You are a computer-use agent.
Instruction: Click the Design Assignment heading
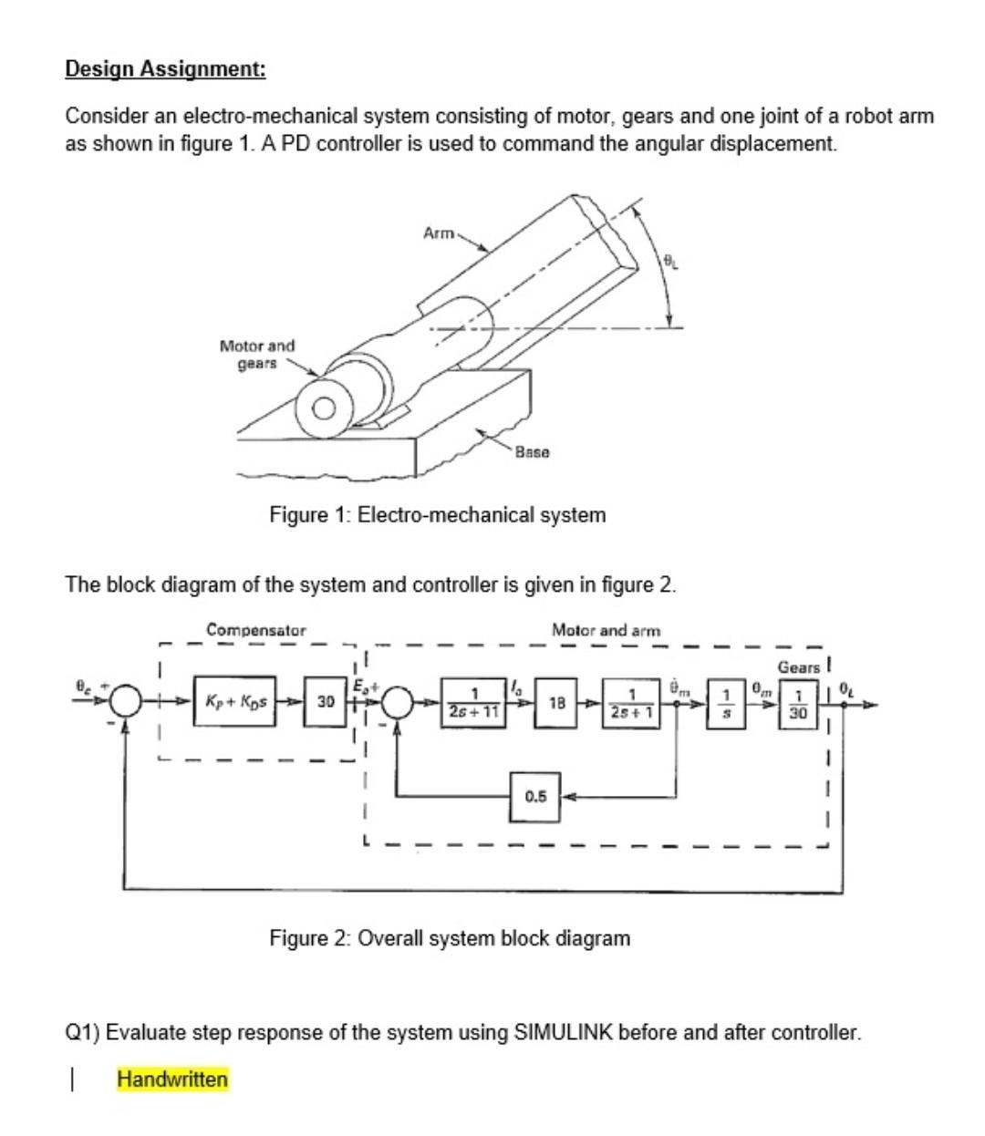[x=165, y=69]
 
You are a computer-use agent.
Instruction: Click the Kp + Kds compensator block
[x=235, y=704]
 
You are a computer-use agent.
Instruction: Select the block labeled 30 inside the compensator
[x=326, y=704]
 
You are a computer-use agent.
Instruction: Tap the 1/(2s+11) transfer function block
[x=473, y=703]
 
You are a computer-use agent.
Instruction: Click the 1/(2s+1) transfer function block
[x=632, y=703]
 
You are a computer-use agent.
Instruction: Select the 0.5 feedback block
[x=535, y=796]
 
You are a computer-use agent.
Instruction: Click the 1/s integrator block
[x=727, y=704]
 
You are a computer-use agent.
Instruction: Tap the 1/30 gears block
[x=798, y=705]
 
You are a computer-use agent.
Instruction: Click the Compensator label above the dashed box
[x=256, y=630]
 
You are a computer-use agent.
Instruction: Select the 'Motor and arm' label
[x=606, y=630]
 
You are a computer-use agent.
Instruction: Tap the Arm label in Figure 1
[x=439, y=233]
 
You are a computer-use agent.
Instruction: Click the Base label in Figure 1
[x=532, y=452]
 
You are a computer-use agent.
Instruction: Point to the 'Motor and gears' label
[x=257, y=355]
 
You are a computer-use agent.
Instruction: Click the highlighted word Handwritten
[x=172, y=1079]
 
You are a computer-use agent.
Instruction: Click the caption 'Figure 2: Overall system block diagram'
[x=449, y=938]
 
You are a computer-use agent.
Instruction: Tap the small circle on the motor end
[x=324, y=408]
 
